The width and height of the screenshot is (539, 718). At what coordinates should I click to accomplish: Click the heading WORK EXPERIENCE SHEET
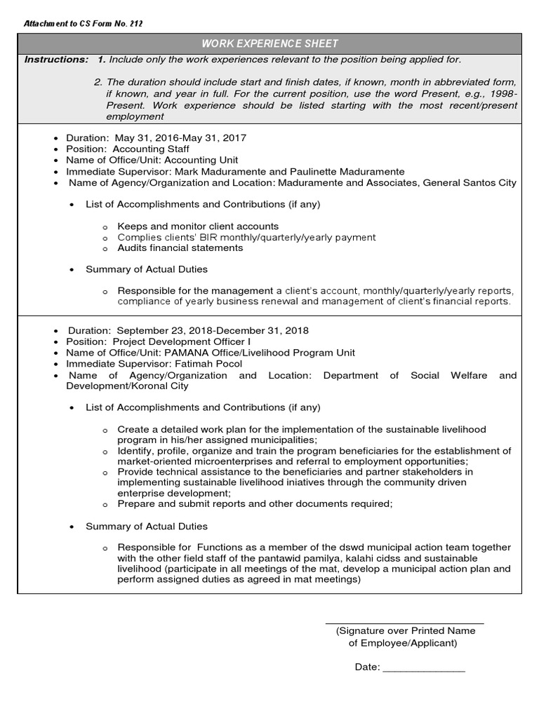[270, 44]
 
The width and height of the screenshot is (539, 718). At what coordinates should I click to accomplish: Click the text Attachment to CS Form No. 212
[84, 24]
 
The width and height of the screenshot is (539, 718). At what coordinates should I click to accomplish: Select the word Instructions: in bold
[56, 60]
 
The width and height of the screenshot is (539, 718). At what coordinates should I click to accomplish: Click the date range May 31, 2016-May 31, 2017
[185, 138]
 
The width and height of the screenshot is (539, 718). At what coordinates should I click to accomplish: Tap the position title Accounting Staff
[151, 149]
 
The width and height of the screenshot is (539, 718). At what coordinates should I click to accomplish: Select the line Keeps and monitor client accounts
[198, 226]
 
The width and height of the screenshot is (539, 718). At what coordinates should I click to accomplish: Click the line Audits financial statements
[180, 248]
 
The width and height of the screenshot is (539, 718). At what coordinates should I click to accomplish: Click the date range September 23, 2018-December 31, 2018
[213, 330]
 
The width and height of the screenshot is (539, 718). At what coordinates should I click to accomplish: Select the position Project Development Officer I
[182, 341]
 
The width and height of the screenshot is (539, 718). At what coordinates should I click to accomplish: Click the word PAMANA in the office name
[184, 353]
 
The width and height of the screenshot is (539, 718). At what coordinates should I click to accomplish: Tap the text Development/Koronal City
[127, 386]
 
